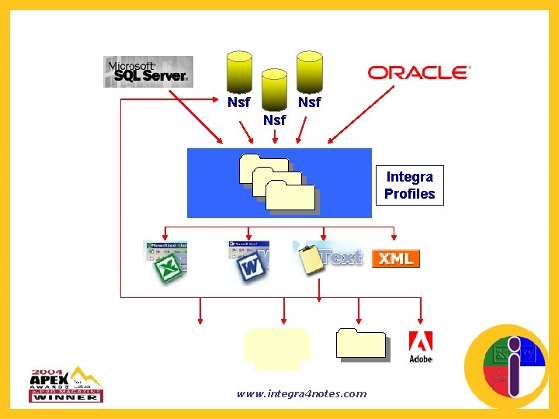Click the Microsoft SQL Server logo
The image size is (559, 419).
pos(148,71)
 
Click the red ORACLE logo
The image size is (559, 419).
pos(419,73)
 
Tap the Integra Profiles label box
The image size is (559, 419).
pos(410,185)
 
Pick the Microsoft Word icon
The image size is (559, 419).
pos(248,262)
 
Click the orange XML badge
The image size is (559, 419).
pos(396,258)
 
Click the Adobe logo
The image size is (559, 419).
pos(420,347)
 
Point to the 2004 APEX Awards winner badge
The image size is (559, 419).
pos(67,384)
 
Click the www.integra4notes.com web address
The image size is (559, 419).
pos(301,394)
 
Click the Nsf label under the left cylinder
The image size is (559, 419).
pos(238,102)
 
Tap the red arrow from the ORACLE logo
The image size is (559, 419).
pos(361,115)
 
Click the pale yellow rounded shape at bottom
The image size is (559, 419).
pos(276,345)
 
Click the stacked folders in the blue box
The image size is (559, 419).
pos(279,183)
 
